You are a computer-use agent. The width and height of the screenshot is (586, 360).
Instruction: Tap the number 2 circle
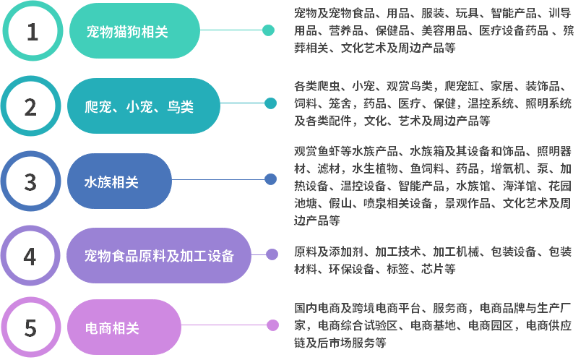click(30, 106)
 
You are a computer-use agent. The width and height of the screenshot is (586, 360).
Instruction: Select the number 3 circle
click(30, 181)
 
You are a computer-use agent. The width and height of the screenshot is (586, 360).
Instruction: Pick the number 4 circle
click(30, 255)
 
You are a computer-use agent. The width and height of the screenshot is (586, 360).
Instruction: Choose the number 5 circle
click(30, 328)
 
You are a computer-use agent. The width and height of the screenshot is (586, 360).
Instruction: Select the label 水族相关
click(112, 181)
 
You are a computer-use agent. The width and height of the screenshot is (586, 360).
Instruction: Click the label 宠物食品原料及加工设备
click(159, 255)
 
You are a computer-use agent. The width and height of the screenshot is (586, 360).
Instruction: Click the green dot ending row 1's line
click(268, 30)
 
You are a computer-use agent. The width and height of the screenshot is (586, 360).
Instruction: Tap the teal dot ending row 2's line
click(270, 103)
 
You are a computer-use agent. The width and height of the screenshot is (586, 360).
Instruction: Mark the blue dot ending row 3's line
click(270, 179)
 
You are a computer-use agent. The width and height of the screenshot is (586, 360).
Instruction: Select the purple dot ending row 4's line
click(272, 254)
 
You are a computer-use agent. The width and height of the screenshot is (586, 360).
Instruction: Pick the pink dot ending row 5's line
click(272, 325)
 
